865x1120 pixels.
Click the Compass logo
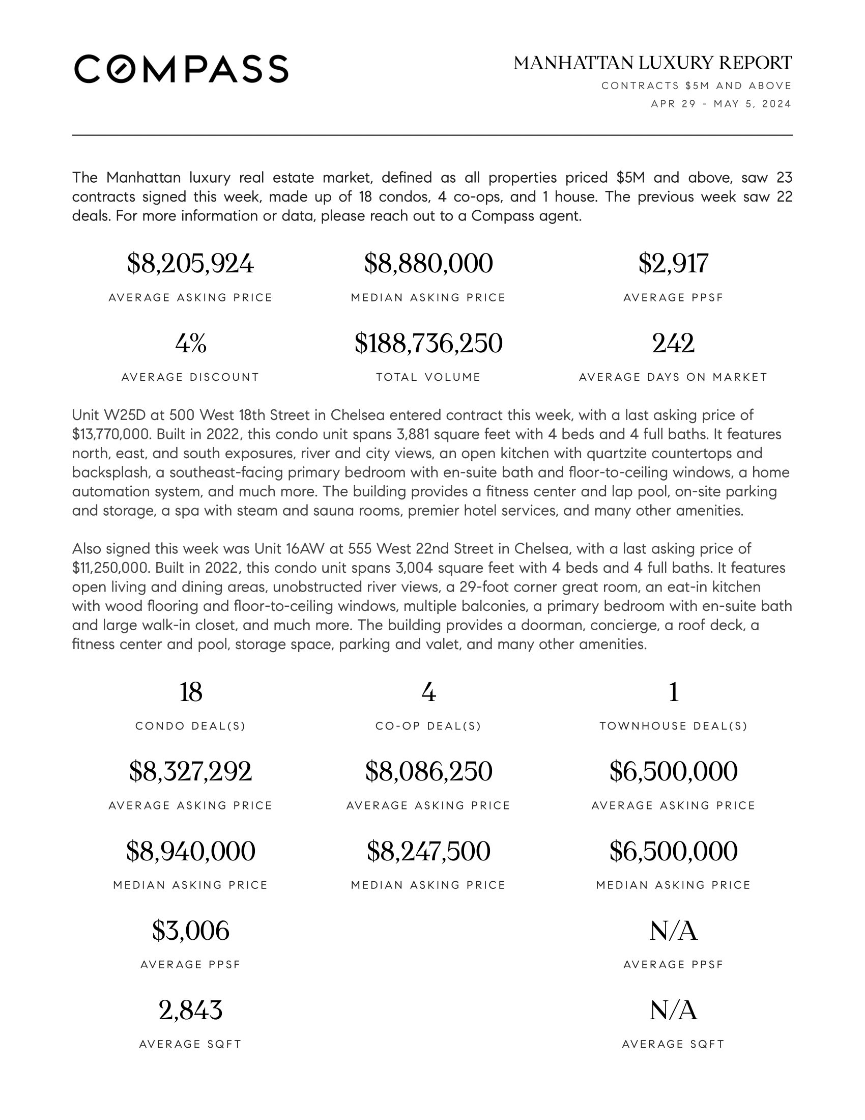click(181, 69)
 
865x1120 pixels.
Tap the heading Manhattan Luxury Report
click(652, 63)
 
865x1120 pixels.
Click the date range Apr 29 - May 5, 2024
click(720, 104)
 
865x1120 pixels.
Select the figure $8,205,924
click(190, 264)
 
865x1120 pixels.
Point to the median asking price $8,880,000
click(428, 264)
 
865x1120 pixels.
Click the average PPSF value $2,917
click(673, 264)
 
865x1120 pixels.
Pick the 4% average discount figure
click(190, 343)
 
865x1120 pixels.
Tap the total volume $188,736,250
click(428, 343)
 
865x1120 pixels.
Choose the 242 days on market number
click(673, 343)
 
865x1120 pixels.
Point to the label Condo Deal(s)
click(190, 726)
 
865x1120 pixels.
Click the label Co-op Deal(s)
click(428, 726)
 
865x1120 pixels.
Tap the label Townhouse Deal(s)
click(673, 726)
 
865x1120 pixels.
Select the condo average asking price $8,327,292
click(190, 771)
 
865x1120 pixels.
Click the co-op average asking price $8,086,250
click(428, 771)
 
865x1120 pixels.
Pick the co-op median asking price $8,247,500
click(428, 851)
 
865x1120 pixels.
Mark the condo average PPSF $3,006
click(190, 931)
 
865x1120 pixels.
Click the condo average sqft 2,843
click(190, 1010)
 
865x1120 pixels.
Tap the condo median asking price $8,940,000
click(190, 851)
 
